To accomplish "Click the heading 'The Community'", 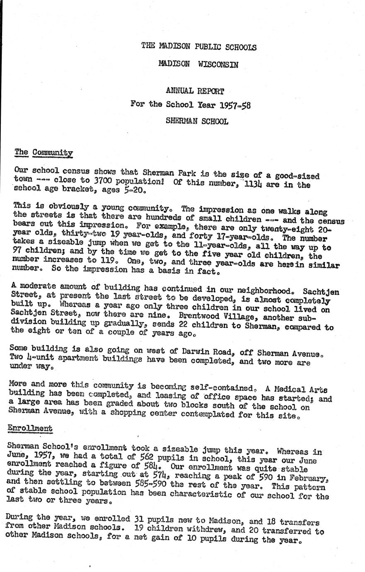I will [x=44, y=153].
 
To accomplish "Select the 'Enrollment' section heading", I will [x=30, y=429].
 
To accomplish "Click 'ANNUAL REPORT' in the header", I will [x=195, y=91].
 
